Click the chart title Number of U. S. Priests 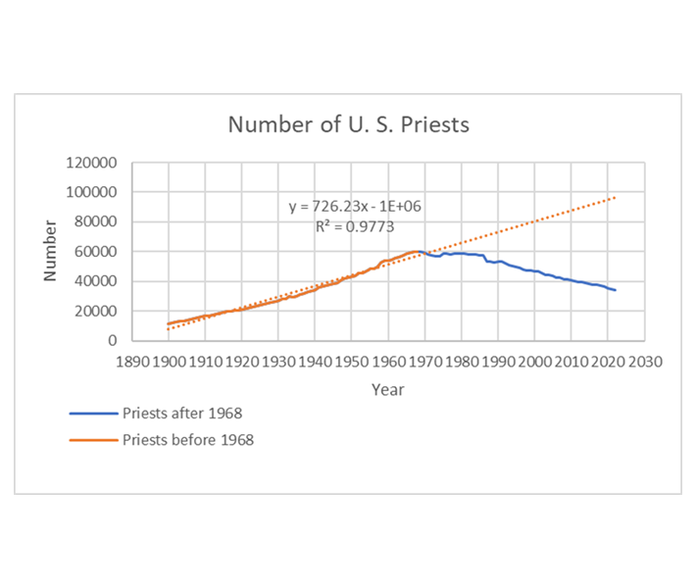pos(348,125)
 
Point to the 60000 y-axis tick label pos(94,252)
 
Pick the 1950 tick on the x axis pos(351,362)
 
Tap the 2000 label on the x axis pos(534,362)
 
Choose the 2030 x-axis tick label pos(644,362)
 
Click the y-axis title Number pos(49,251)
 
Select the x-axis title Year pos(387,389)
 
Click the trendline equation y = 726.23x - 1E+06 pos(355,207)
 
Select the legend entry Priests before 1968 pos(187,440)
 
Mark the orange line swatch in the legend pos(93,440)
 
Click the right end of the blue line pos(615,289)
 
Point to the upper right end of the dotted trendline pos(616,198)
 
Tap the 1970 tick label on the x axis pos(424,362)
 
